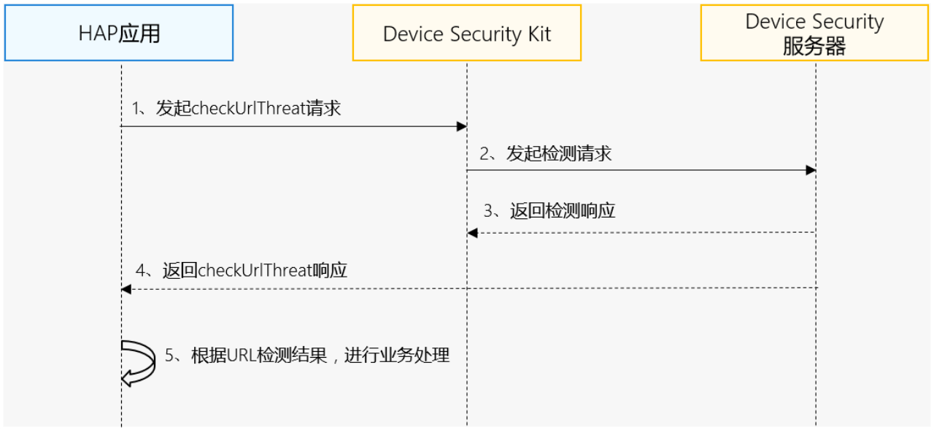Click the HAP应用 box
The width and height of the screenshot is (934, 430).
coord(119,33)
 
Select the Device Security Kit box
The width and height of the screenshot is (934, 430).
coord(467,33)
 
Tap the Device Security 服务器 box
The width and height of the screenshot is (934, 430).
coord(815,33)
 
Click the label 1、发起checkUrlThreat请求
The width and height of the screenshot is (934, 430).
coord(236,109)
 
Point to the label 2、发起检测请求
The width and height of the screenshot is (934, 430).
coord(545,153)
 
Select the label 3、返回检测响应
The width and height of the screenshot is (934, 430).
coord(549,211)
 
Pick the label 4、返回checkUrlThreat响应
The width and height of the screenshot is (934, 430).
coord(242,270)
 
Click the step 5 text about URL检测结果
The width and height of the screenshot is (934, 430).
coord(307,356)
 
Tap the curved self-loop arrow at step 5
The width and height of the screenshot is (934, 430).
coord(138,361)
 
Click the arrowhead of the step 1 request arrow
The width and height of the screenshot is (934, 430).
coord(461,126)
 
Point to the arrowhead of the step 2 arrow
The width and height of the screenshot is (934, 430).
coord(810,170)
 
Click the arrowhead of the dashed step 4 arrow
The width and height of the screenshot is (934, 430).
coord(126,290)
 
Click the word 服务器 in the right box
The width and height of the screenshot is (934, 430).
coord(814,46)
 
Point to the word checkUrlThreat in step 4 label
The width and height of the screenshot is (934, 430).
coord(255,270)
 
